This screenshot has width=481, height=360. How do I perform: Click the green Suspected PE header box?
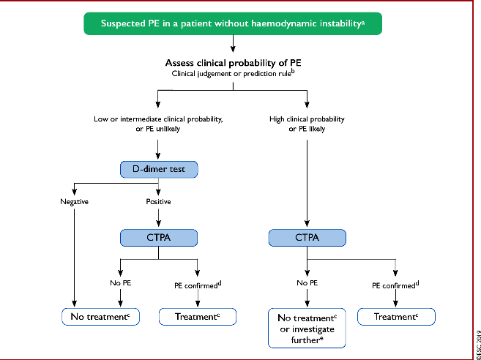(233, 23)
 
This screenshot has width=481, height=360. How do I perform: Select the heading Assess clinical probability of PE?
(233, 63)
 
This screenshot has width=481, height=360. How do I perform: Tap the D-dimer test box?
(159, 169)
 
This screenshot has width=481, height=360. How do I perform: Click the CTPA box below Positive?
(159, 238)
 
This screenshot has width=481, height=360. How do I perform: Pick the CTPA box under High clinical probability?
(307, 238)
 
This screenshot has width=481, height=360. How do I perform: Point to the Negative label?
(74, 202)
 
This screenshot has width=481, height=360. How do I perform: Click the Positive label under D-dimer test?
(158, 202)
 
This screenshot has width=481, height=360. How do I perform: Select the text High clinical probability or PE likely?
(307, 124)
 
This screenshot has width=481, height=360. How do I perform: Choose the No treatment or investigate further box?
(307, 328)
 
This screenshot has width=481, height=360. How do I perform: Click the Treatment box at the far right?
(396, 317)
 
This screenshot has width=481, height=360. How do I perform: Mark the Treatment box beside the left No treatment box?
(198, 317)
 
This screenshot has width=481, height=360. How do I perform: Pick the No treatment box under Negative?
(100, 317)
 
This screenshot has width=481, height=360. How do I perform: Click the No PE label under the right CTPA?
(307, 282)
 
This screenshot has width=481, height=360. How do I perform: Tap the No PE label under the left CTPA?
(121, 282)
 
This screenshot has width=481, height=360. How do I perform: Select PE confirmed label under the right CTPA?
(395, 285)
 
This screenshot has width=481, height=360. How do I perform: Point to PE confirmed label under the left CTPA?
(198, 285)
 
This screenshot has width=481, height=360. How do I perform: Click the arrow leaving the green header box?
(233, 44)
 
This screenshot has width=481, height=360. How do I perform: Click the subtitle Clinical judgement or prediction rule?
(233, 74)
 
